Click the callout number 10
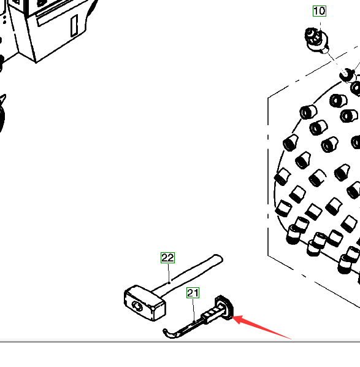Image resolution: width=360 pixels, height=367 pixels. pos(320,11)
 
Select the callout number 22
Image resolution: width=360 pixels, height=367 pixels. pos(167,258)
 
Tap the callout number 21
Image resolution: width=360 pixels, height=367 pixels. pos(193,293)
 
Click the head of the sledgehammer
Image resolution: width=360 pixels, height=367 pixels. pos(145,303)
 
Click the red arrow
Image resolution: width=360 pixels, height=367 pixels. pos(261,326)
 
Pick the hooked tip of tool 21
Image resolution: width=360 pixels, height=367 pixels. pos(167,334)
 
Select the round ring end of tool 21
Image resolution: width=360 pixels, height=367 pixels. pos(224,307)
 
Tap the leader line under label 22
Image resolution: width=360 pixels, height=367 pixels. pos(169,273)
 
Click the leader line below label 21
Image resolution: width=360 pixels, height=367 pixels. pos(193,311)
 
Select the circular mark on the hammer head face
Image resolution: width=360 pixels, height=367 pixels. pos(137,306)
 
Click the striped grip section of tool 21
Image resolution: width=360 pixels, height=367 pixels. pos(211,313)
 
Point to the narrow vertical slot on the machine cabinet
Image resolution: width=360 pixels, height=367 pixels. pos(74,26)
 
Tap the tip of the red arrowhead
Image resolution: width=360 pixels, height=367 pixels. pos(232,317)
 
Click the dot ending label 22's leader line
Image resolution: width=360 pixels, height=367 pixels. pos(169,283)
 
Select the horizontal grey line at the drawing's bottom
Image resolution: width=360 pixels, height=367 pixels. pos(180,342)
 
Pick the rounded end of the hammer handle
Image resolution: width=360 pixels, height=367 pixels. pos(219,258)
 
